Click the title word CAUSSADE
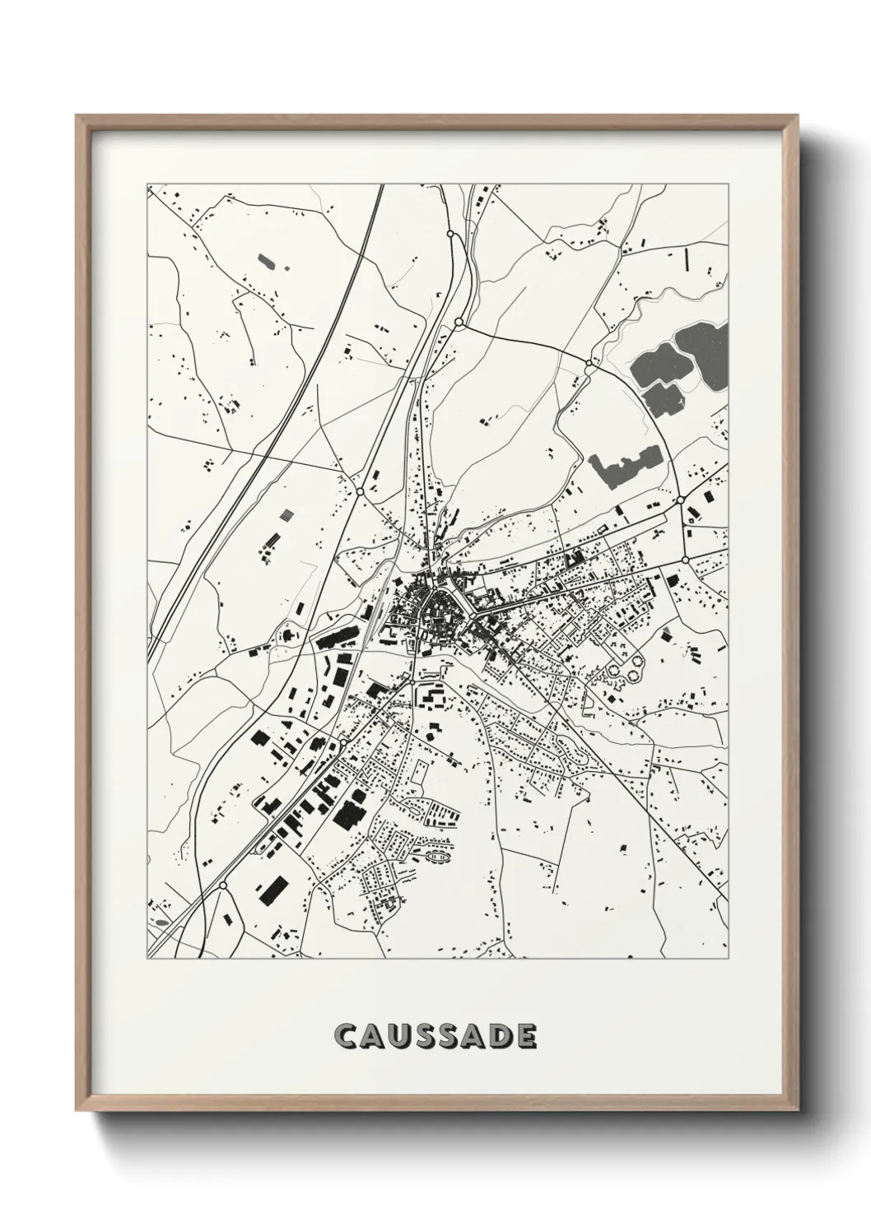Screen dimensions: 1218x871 point(435,1036)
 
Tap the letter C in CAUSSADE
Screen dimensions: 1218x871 point(345,1036)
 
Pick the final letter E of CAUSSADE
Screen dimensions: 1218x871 point(525,1036)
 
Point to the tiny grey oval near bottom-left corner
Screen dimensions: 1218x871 point(161,923)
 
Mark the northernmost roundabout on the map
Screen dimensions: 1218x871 point(450,235)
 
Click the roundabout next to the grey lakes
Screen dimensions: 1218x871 point(588,362)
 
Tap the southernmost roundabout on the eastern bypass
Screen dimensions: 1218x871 point(685,560)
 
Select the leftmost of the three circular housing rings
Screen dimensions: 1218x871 point(612,675)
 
